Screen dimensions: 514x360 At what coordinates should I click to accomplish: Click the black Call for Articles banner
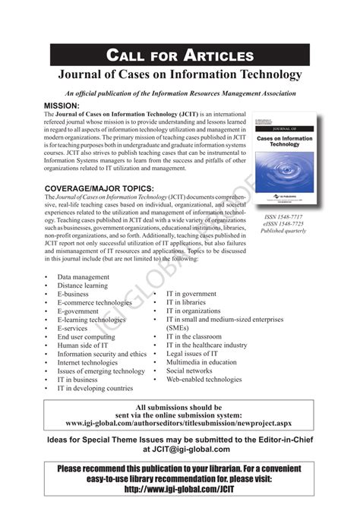click(180, 55)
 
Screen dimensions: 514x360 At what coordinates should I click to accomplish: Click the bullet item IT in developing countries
click(94, 388)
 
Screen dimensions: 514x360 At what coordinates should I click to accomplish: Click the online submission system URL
click(179, 423)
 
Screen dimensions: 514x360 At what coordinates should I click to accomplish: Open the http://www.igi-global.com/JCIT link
click(179, 490)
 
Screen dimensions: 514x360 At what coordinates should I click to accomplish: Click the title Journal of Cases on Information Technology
click(180, 74)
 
